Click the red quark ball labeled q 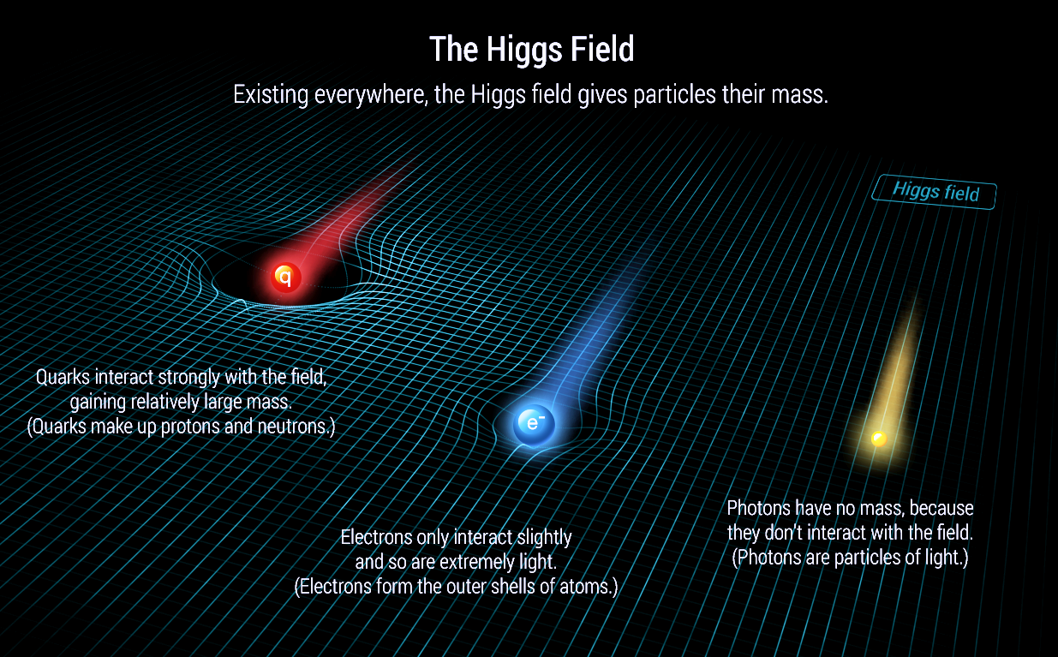(x=286, y=277)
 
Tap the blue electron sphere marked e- (x=535, y=424)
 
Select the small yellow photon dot (x=878, y=439)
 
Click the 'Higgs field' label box (x=935, y=192)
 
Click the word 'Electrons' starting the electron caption (x=375, y=538)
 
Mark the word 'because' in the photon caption (x=942, y=508)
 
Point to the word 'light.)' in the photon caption (x=937, y=558)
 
